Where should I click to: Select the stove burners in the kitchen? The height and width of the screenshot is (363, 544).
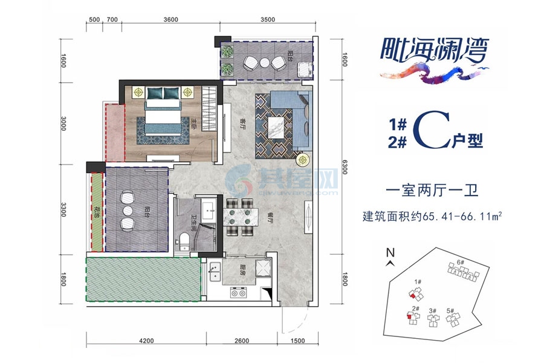coord(239,293)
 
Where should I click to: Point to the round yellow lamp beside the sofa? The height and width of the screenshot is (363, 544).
coord(302,160)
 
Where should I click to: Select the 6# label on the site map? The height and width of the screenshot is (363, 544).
coord(459,262)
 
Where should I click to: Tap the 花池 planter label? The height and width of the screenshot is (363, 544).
coord(96,212)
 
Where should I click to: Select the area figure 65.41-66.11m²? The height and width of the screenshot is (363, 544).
coord(464,215)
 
